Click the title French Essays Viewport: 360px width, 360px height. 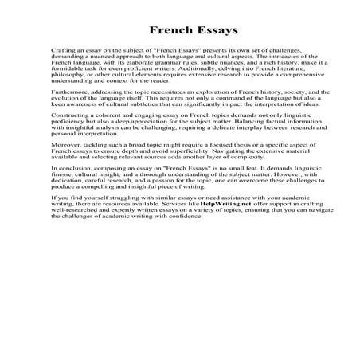(x=179, y=32)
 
